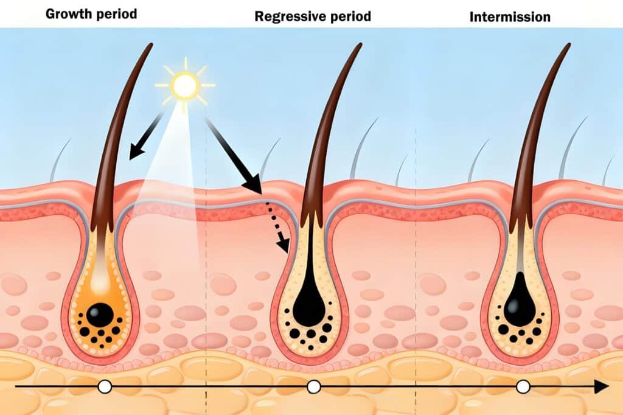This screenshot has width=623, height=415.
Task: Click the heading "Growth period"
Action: [92, 13]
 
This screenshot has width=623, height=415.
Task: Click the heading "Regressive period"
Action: [312, 16]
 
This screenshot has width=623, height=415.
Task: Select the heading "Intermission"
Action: [510, 16]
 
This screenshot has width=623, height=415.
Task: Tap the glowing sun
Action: [184, 85]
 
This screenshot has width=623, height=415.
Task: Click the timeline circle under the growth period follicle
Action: [105, 386]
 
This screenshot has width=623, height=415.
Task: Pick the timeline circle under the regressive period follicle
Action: [314, 386]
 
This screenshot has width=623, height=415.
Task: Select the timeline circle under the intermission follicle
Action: [523, 386]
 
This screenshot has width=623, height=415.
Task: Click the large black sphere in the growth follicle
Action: [99, 315]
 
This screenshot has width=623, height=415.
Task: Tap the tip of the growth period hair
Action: [150, 46]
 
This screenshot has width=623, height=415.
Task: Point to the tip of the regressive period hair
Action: [360, 45]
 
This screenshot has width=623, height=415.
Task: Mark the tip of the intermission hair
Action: [569, 45]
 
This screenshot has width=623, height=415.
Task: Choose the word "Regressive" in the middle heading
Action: [289, 16]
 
